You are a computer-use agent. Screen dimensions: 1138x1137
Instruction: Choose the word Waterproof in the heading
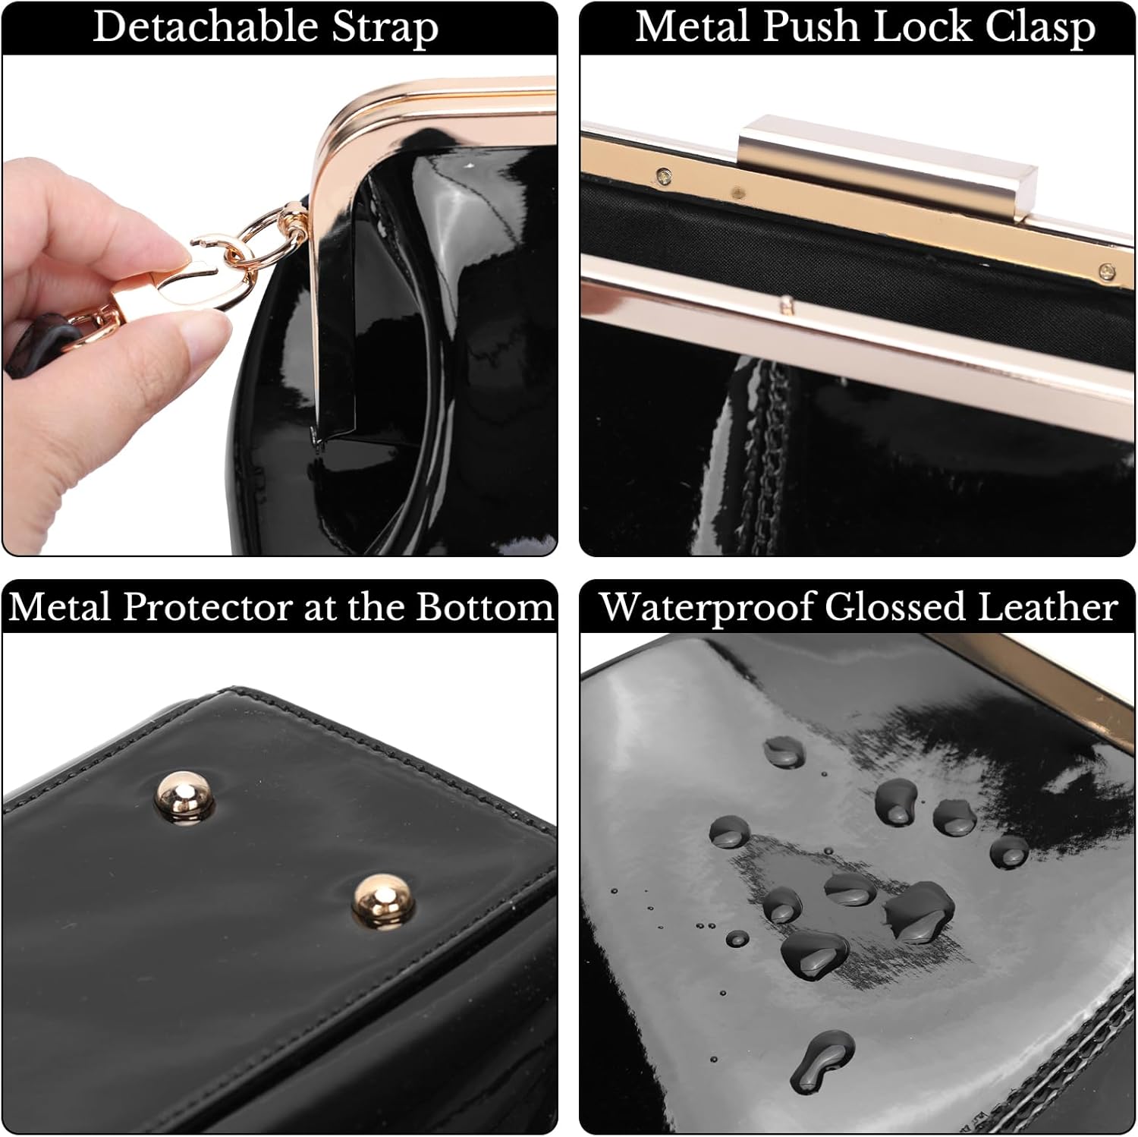tap(706, 608)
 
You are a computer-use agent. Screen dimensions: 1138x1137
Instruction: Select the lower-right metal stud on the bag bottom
tap(382, 901)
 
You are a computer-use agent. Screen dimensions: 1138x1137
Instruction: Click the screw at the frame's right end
tap(1107, 270)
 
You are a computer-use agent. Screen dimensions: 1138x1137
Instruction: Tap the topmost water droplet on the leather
tap(784, 751)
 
